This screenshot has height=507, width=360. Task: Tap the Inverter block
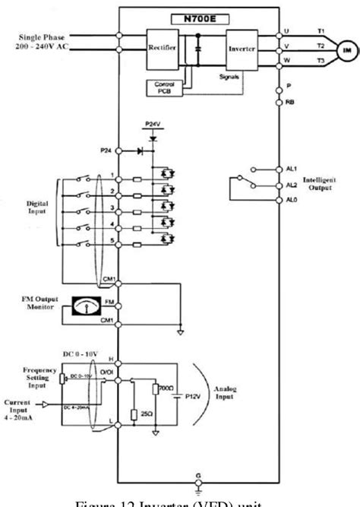click(x=238, y=46)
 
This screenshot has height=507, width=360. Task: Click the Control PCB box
click(x=161, y=86)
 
